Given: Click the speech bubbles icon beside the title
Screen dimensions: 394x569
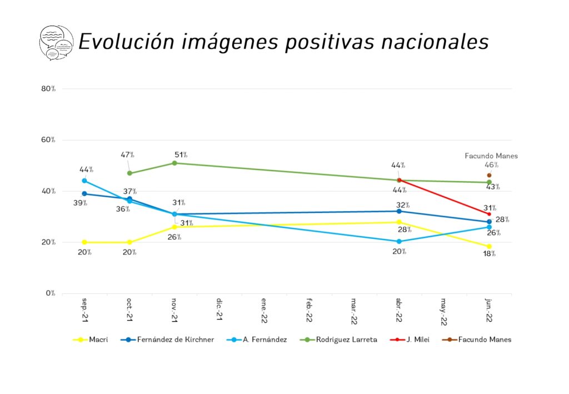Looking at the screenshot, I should click(x=56, y=42).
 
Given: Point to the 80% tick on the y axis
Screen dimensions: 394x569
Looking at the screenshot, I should click(x=48, y=89).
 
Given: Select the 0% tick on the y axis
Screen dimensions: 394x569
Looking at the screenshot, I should click(x=50, y=293).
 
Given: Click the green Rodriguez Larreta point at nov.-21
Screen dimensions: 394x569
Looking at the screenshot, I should click(x=174, y=163).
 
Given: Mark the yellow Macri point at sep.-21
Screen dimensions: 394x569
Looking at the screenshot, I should click(x=84, y=242).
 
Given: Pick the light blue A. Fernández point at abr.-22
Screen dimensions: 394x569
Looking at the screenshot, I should click(x=399, y=242).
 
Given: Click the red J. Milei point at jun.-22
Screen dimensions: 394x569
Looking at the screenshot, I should click(x=489, y=214).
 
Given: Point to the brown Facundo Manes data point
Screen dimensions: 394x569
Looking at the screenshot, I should click(x=489, y=175).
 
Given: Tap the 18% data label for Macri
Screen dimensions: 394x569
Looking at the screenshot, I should click(x=489, y=254).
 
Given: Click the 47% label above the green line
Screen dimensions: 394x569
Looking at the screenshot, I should click(x=128, y=155).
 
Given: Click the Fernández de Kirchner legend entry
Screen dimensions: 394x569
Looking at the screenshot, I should click(x=167, y=340).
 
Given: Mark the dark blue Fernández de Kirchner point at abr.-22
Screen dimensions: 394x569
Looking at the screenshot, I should click(x=399, y=211).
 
